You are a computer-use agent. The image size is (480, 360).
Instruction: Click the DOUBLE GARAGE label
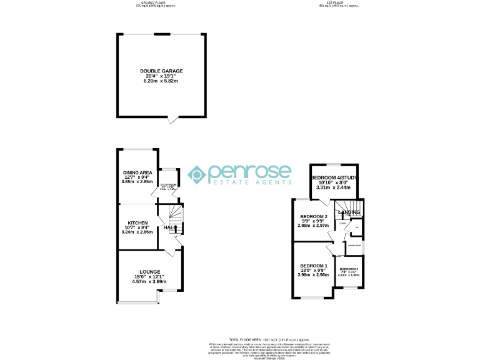click(161, 71)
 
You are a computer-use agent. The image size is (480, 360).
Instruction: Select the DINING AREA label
click(137, 172)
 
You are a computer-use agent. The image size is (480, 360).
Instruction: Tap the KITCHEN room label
click(137, 223)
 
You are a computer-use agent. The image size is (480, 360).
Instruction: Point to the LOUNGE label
click(150, 272)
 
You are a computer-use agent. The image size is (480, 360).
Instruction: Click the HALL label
click(169, 227)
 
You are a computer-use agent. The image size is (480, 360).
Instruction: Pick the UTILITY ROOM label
click(169, 185)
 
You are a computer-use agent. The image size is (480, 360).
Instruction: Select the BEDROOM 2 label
click(314, 216)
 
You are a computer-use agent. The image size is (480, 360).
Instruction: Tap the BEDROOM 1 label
click(313, 265)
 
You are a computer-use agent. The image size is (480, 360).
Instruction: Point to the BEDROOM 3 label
click(348, 269)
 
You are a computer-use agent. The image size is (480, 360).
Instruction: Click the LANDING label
click(349, 212)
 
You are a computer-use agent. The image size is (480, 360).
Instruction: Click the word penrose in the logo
click(249, 172)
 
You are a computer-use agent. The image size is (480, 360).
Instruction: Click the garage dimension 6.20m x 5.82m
click(161, 81)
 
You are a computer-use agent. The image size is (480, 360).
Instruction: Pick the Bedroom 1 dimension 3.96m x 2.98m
click(313, 274)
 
